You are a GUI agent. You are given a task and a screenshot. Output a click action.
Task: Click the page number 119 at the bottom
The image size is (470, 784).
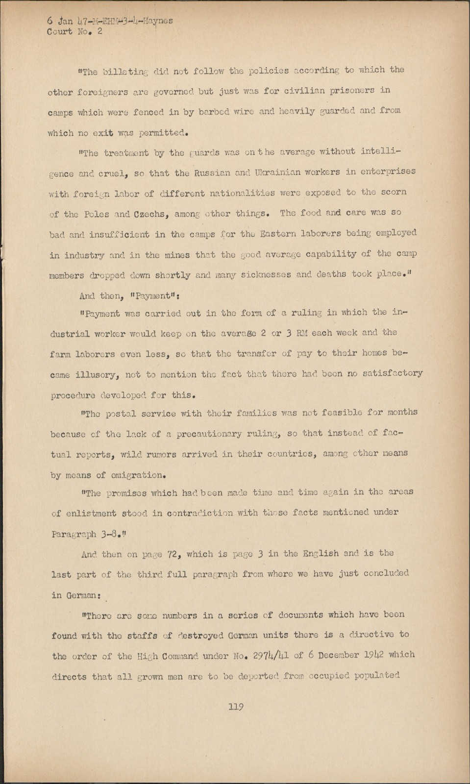click(236, 707)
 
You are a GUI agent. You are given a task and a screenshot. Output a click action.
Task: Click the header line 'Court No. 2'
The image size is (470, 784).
click(74, 32)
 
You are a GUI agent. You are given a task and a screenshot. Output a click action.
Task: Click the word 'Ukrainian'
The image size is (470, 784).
click(279, 172)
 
